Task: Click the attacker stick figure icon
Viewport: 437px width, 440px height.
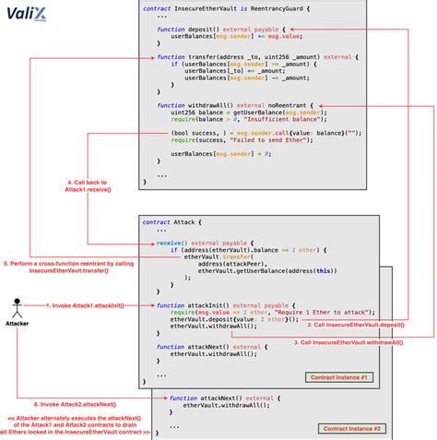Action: tap(17, 306)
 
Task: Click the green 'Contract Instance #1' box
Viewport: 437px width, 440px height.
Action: tap(338, 377)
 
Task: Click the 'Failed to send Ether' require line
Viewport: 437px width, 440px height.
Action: tap(249, 142)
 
